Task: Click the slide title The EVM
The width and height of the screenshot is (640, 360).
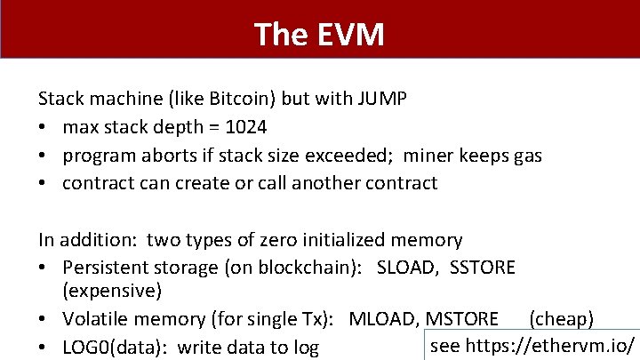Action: (319, 35)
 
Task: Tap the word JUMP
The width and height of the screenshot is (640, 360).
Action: (381, 99)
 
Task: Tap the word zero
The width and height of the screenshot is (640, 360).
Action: (273, 240)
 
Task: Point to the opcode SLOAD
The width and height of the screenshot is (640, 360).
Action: (404, 268)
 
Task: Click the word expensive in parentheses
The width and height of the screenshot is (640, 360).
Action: (112, 291)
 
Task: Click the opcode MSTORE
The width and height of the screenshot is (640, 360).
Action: (461, 319)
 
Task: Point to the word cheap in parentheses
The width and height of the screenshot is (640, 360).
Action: (562, 319)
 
